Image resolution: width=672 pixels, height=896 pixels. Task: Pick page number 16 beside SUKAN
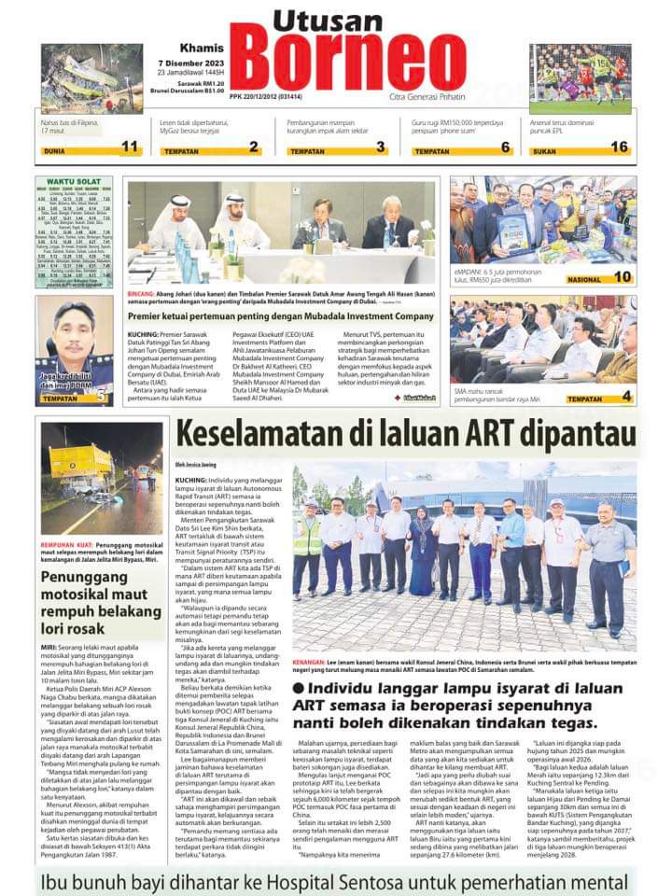(x=619, y=147)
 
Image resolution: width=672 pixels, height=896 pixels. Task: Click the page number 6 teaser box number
(x=506, y=147)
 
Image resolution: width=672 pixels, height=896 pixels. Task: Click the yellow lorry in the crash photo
(x=78, y=464)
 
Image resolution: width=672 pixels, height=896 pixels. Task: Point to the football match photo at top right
(x=580, y=79)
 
